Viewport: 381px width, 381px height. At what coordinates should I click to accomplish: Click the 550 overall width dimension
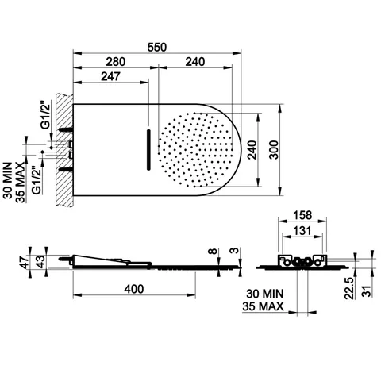click(x=157, y=48)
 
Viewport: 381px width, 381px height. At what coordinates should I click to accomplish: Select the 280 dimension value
click(x=116, y=62)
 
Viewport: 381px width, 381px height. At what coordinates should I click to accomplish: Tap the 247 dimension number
click(x=110, y=76)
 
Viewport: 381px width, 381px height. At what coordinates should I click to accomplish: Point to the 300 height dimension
click(x=274, y=150)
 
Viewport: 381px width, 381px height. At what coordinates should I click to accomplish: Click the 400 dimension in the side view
click(x=134, y=289)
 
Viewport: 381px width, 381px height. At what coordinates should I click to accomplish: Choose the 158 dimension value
click(x=302, y=215)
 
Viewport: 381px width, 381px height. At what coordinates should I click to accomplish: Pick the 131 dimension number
click(x=302, y=231)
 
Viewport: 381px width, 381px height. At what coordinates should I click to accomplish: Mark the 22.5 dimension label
click(x=349, y=288)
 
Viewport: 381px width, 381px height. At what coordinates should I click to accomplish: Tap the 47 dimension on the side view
click(x=25, y=263)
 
